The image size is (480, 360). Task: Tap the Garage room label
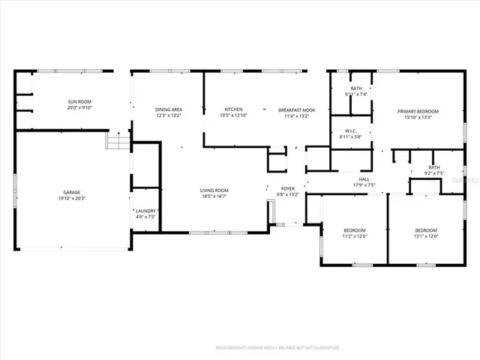click(x=72, y=192)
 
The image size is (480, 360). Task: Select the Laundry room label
click(x=145, y=211)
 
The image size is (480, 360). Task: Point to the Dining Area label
click(x=169, y=110)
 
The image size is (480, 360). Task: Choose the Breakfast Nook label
click(x=297, y=110)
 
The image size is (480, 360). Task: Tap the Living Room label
click(x=214, y=190)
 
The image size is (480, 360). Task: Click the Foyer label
click(x=288, y=188)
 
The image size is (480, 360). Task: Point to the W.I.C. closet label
click(x=350, y=131)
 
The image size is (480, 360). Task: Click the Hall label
click(x=364, y=179)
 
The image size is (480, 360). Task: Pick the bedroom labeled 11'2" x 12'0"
click(x=355, y=229)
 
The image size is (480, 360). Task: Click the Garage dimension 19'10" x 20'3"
click(x=72, y=199)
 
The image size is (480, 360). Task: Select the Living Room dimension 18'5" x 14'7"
click(x=214, y=197)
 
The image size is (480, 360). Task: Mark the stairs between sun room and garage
click(x=115, y=140)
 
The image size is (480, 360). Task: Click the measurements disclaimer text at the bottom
click(x=277, y=348)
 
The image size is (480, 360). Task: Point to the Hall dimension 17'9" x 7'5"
click(x=364, y=185)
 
